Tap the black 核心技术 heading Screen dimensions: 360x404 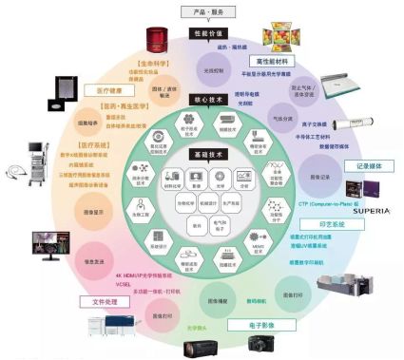click(x=203, y=99)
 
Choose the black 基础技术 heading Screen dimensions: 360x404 click(x=203, y=153)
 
